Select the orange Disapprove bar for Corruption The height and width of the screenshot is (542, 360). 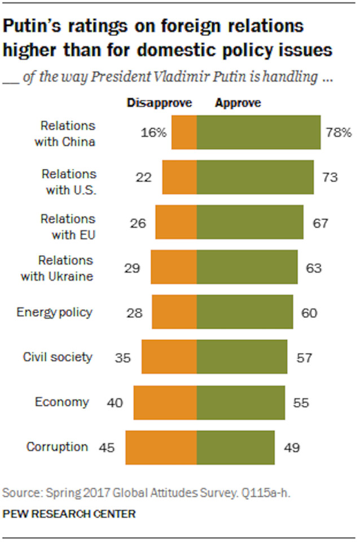click(161, 447)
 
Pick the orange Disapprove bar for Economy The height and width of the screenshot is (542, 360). click(165, 403)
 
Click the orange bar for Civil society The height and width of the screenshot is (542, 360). click(169, 357)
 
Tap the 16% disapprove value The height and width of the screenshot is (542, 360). click(153, 133)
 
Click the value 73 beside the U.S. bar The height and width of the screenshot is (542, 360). click(330, 178)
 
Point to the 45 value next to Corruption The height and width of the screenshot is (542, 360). click(107, 447)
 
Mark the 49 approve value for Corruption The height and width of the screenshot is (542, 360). click(291, 447)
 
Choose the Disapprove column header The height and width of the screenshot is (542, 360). click(160, 103)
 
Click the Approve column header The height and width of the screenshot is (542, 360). click(238, 103)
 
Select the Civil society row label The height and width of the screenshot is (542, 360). click(57, 357)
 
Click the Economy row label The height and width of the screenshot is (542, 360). click(62, 403)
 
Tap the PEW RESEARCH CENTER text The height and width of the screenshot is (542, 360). click(69, 514)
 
